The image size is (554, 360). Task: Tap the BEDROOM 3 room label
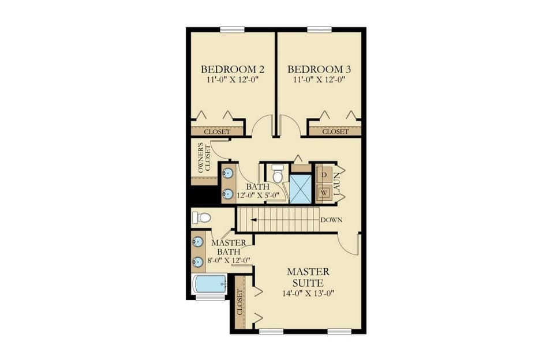pos(319,70)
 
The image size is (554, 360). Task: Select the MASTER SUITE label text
pos(308,277)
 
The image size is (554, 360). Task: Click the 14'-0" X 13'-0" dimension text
pos(308,293)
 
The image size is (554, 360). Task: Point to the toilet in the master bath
pos(201,217)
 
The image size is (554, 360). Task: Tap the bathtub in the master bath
pos(209,283)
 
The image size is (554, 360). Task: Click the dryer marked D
pos(324,174)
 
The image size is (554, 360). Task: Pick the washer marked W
pos(324,193)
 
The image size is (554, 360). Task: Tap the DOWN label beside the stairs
pos(332,220)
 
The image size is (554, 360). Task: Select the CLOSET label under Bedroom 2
pos(217,132)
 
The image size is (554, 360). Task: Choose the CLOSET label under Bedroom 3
pos(335,132)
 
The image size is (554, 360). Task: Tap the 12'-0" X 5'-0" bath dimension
pos(258,195)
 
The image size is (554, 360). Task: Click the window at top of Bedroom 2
pos(232,29)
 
